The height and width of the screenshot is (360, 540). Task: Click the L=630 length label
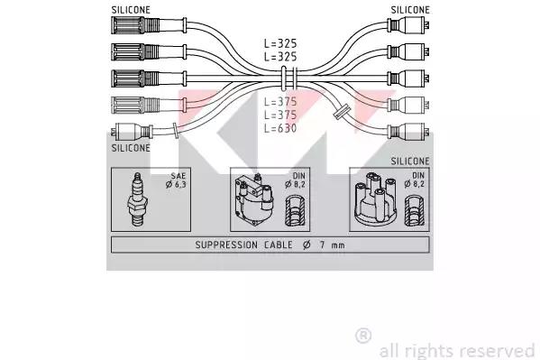click(280, 128)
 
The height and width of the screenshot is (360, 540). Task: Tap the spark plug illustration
click(138, 199)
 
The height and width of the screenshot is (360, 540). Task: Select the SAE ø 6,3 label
click(176, 180)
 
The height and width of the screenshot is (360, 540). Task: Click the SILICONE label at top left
click(131, 10)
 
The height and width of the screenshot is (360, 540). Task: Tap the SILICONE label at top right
click(410, 10)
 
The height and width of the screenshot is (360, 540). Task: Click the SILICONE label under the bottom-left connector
click(131, 148)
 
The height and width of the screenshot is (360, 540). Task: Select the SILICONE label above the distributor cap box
click(410, 161)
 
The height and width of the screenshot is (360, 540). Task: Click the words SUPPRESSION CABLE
click(243, 245)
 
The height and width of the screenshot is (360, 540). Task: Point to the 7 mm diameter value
click(332, 245)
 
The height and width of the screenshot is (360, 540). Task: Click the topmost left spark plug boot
click(149, 25)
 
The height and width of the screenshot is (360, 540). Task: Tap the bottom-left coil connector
click(133, 132)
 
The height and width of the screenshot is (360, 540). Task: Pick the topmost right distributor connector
click(408, 25)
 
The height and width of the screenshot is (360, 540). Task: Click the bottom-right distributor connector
click(408, 132)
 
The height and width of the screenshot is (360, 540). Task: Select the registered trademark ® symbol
click(363, 336)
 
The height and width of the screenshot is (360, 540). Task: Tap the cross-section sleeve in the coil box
click(296, 211)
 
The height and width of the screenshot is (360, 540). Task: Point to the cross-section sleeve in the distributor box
click(414, 211)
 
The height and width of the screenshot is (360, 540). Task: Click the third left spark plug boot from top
click(149, 78)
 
